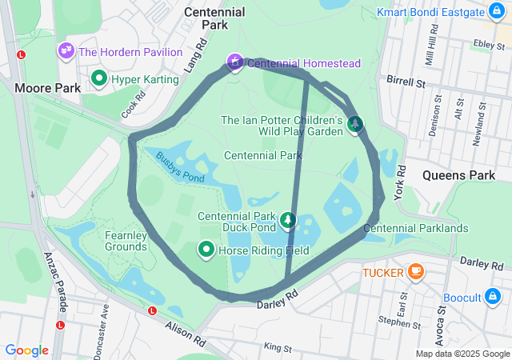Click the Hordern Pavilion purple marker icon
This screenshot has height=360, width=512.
tap(66, 52)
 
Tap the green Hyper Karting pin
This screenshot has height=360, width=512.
tap(99, 78)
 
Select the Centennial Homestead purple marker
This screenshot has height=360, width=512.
tap(234, 62)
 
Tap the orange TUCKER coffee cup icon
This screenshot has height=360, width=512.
tap(414, 272)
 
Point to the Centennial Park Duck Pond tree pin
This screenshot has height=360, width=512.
tap(288, 219)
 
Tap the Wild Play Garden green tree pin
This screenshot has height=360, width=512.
tap(354, 123)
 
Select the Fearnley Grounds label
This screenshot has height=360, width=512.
tap(126, 241)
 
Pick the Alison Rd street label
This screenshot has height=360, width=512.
tap(186, 327)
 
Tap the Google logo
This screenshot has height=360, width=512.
tap(26, 350)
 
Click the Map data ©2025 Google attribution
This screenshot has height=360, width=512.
tap(462, 354)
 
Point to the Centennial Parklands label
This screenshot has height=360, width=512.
tap(415, 229)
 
